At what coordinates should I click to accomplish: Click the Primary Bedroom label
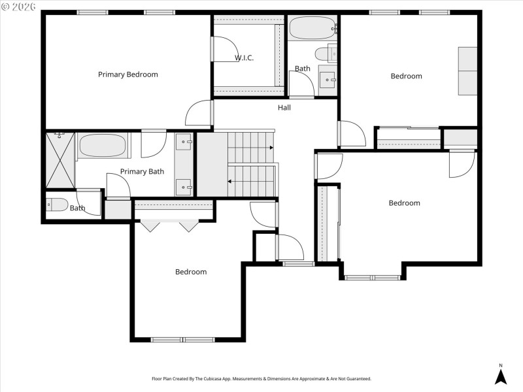[x=128, y=74]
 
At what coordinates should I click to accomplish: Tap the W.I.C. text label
[x=245, y=58]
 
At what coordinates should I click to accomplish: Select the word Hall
[x=284, y=108]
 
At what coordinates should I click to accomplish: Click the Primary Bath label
[x=142, y=172]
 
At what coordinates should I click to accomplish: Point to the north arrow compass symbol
[x=501, y=375]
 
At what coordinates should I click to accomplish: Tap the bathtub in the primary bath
[x=103, y=146]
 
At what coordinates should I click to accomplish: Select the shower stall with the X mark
[x=59, y=159]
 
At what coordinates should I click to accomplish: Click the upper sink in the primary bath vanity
[x=184, y=142]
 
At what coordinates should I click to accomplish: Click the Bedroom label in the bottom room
[x=191, y=272]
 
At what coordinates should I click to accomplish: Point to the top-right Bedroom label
[x=406, y=76]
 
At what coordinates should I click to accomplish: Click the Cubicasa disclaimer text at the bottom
[x=261, y=379]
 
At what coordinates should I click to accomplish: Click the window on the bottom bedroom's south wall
[x=182, y=339]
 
